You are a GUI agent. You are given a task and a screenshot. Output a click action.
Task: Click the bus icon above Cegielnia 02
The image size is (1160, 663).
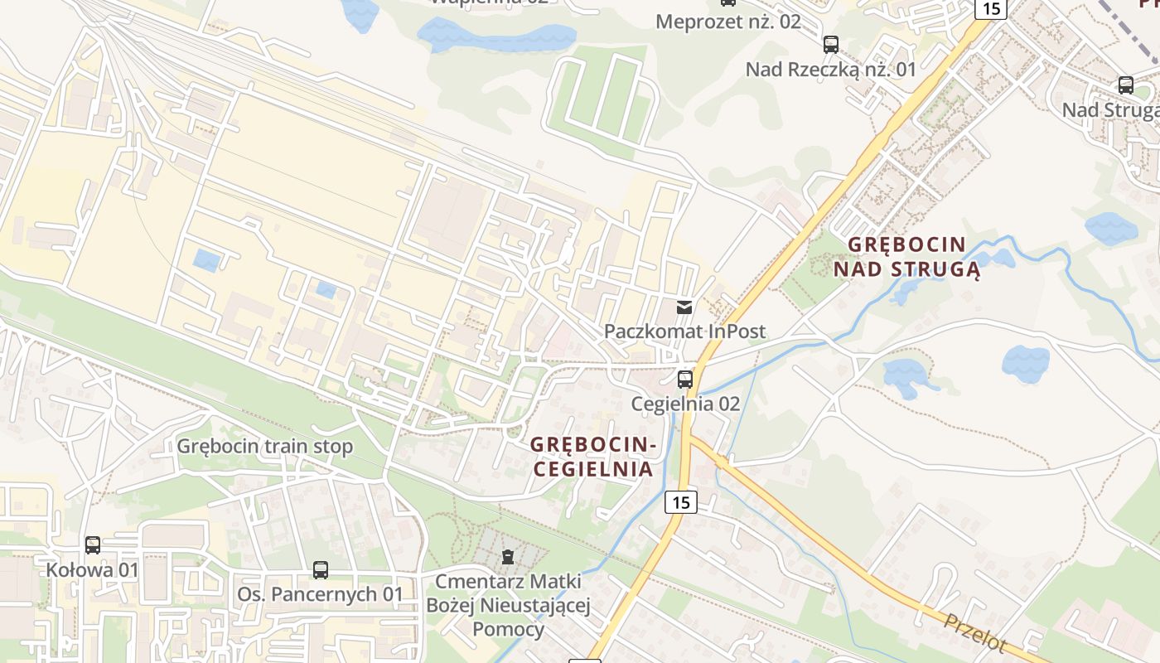[685, 380]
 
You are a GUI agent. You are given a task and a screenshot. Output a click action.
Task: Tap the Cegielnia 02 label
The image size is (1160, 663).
[685, 404]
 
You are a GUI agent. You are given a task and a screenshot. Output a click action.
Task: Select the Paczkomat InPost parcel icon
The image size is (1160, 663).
[684, 307]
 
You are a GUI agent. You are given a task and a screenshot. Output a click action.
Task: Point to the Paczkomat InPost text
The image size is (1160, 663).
[684, 331]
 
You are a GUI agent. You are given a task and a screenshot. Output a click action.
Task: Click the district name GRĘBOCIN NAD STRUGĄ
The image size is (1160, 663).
[907, 257]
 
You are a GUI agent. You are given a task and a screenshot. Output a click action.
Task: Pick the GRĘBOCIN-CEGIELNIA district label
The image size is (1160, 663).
[593, 457]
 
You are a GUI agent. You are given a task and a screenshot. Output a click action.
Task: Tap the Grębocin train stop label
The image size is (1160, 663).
[265, 447]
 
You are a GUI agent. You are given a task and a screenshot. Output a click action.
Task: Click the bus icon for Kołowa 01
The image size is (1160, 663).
[93, 544]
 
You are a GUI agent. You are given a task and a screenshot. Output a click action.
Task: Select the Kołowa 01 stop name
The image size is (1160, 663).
[92, 570]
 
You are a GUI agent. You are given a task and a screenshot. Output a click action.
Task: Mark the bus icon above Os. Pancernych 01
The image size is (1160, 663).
[321, 570]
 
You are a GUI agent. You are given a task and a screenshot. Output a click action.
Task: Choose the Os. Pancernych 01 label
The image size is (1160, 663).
[320, 594]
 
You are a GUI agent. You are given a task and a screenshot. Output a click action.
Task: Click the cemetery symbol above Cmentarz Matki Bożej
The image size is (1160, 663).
[508, 557]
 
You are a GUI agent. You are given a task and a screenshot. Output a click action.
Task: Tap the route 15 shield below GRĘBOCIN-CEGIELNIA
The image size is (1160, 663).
[680, 501]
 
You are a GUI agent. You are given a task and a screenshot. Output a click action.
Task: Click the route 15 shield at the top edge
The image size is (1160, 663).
[990, 8]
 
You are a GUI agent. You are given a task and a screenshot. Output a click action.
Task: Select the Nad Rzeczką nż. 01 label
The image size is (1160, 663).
[831, 70]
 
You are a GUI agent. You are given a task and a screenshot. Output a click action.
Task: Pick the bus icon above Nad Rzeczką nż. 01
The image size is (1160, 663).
[831, 45]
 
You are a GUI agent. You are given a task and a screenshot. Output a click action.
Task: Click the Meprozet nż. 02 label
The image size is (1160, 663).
[728, 22]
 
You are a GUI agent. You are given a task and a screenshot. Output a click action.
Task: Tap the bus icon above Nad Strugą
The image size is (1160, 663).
[1126, 85]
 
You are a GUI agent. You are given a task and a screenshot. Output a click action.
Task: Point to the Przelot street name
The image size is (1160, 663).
[975, 632]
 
